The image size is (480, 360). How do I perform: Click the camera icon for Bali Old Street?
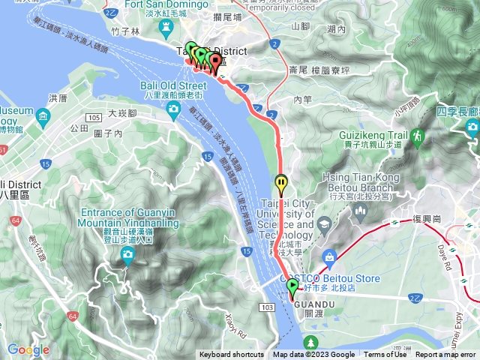coord(173,111)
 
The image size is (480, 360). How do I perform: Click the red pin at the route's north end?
coord(215,62)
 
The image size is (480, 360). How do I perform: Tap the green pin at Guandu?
coord(292,286)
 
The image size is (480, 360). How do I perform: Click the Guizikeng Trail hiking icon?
coord(417,136)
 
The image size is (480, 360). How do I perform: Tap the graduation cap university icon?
coord(324,223)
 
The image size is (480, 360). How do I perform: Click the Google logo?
coord(28,349)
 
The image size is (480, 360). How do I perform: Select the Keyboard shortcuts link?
coord(231,355)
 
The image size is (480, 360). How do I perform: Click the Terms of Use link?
coord(385,355)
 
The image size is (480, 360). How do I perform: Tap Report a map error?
coord(445,355)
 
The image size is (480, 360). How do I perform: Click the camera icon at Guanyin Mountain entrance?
coord(127,256)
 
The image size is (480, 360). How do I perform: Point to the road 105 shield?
coord(94,118)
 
